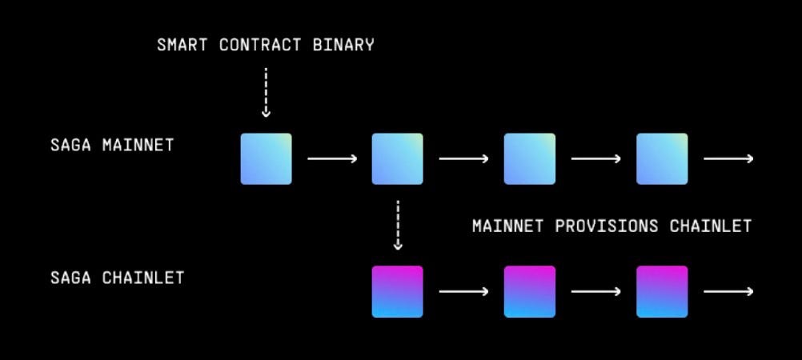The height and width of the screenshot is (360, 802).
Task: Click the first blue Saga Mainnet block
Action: point(267,159)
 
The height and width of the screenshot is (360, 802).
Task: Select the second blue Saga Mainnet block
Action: point(398,159)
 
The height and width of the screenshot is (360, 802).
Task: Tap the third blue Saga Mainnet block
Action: point(529,159)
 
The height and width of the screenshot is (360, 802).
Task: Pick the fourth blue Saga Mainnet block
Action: point(662,159)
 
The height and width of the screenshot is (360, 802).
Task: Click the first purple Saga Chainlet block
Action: point(398,291)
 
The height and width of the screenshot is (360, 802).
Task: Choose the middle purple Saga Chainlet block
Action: point(529,291)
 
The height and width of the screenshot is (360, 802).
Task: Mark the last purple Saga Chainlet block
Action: point(662,291)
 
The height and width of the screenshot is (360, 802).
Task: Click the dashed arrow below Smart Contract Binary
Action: point(266,92)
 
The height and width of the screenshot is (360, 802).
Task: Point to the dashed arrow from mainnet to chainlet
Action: point(398,225)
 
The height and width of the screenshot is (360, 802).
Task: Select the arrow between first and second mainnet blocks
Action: point(332,159)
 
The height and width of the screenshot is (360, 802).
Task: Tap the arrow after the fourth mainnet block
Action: point(728,159)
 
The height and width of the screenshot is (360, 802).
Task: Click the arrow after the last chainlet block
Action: point(728,291)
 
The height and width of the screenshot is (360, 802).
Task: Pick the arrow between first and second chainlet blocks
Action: point(463,291)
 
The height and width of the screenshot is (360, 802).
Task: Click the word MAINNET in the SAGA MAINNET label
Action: point(138,146)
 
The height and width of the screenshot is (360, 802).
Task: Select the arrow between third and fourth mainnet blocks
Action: point(595,159)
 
